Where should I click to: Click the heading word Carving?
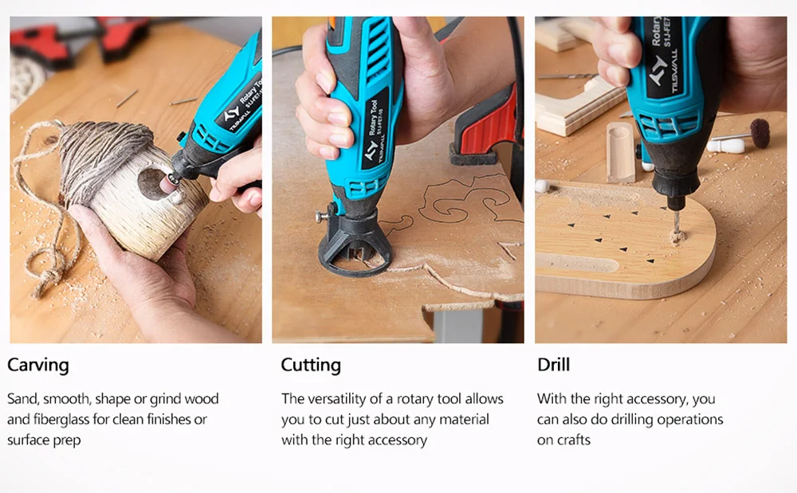38,366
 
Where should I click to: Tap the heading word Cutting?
311,366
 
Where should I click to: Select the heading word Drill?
554,365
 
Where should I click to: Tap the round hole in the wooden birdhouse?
151,184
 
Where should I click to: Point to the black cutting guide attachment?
355,246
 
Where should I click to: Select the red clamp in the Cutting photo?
488,130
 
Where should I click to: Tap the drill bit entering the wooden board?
675,222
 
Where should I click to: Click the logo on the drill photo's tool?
658,68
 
